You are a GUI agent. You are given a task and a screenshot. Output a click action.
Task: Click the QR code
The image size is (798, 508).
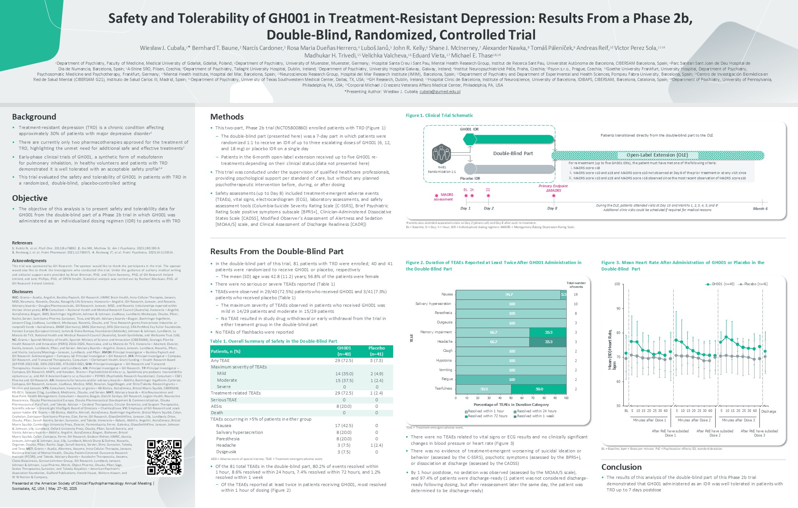coord(164,457)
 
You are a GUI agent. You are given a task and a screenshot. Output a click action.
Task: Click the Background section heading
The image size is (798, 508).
coord(34,117)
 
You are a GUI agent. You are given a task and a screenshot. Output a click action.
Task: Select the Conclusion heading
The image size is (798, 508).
coord(621,467)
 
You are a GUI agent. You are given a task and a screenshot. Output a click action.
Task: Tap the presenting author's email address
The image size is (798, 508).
coord(440,92)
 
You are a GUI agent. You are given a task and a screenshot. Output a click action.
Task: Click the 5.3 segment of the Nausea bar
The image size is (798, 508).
coord(563,295)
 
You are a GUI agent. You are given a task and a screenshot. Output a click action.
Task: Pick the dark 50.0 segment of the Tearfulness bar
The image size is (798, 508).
coord(539,389)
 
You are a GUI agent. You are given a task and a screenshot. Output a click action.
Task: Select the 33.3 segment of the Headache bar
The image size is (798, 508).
coord(548,342)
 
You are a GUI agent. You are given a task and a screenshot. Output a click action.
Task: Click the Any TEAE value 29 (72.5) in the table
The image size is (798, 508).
coord(344,361)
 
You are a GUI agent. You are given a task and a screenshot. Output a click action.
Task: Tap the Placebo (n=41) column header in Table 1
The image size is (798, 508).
coord(377,351)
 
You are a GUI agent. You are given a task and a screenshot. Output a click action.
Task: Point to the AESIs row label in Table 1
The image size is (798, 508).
coord(217,406)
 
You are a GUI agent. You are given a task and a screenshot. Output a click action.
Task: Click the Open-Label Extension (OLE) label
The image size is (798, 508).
coord(657,155)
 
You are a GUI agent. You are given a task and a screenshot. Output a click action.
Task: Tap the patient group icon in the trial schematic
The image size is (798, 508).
coord(441,154)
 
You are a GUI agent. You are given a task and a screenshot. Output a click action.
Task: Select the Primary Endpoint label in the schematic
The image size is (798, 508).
coord(553,186)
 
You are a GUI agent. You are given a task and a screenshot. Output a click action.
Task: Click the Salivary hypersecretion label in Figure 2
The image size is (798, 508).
coord(433,304)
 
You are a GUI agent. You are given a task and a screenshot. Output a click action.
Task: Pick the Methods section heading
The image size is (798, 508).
coord(227,117)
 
